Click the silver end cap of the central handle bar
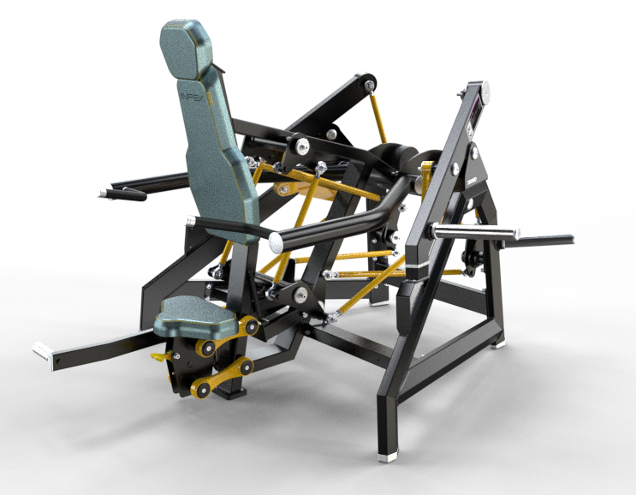pos(277,244)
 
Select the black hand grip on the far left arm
pos(122,194)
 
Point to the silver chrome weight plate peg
pos(476,231)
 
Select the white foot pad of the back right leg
pos(499,347)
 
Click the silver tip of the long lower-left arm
pos(40,350)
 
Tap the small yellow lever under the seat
pos(159,355)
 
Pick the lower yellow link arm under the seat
pos(221,378)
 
